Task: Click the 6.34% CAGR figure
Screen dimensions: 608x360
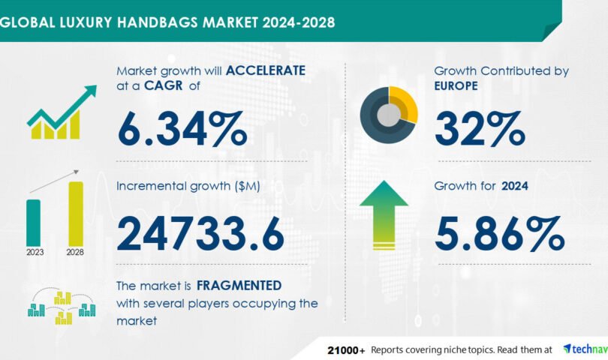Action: point(182,129)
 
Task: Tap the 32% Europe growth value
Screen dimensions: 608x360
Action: point(480,129)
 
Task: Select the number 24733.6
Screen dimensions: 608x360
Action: point(200,234)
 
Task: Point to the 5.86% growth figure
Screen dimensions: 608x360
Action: point(499,234)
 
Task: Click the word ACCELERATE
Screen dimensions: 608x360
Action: point(266,70)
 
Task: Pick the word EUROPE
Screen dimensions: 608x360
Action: point(456,85)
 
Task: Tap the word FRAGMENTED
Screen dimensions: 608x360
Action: point(239,286)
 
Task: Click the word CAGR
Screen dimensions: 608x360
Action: point(163,85)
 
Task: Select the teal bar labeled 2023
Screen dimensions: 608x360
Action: point(33,223)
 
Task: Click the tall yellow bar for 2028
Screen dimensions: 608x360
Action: point(76,214)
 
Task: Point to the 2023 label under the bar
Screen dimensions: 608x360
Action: point(35,252)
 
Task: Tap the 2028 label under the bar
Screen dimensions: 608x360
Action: point(75,252)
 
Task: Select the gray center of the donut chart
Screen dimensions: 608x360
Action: point(389,115)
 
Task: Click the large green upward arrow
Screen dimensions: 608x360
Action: point(384,215)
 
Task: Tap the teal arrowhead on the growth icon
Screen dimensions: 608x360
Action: point(91,91)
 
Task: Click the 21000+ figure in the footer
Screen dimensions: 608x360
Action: point(346,350)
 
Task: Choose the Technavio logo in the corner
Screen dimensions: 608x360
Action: point(585,349)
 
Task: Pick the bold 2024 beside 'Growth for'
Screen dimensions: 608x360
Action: point(515,186)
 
